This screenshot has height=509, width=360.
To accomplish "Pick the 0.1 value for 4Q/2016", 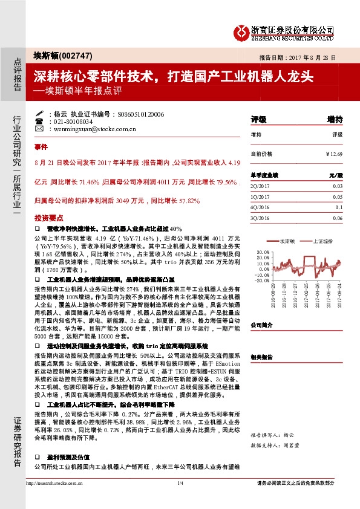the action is (338, 207).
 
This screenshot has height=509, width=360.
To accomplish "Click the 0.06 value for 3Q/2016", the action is (337, 218).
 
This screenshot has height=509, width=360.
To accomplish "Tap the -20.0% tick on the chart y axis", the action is (261, 280).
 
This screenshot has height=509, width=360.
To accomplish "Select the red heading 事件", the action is (41, 147).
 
